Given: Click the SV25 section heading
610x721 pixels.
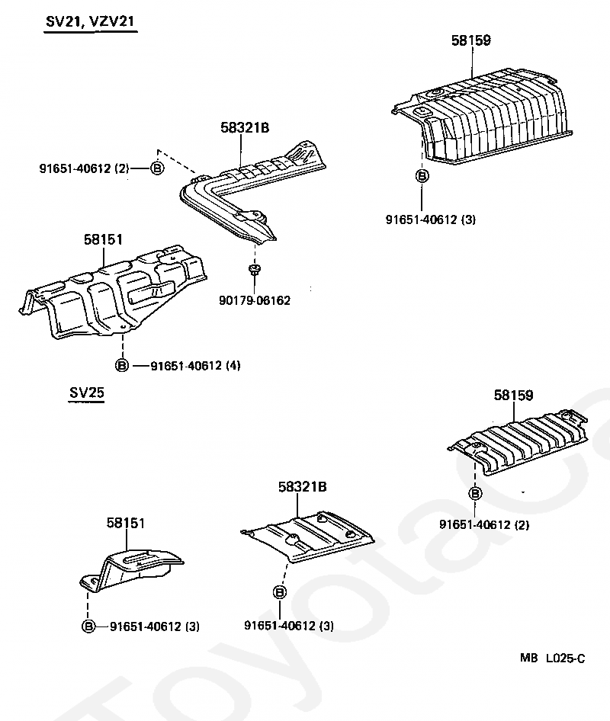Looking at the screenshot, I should (86, 393).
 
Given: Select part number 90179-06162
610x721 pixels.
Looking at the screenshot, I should (254, 301).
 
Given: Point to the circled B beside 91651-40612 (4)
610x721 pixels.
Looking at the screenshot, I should (122, 366).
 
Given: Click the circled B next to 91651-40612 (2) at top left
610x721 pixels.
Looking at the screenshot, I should (156, 168).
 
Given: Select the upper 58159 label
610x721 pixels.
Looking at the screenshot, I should (471, 40).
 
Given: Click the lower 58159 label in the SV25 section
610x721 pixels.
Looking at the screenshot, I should (514, 395).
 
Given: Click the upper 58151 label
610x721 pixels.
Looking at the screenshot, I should (103, 240).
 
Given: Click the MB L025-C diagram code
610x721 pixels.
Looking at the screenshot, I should (554, 658).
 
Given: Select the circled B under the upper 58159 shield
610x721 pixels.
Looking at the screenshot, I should (422, 176).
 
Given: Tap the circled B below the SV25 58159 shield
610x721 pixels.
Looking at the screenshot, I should (475, 494).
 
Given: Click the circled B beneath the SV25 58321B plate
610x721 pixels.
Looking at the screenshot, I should (279, 592).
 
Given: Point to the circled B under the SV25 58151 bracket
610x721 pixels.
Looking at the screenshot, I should (88, 626).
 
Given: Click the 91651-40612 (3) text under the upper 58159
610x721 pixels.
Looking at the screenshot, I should (431, 220).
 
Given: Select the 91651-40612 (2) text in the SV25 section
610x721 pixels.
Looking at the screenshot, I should (484, 524).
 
